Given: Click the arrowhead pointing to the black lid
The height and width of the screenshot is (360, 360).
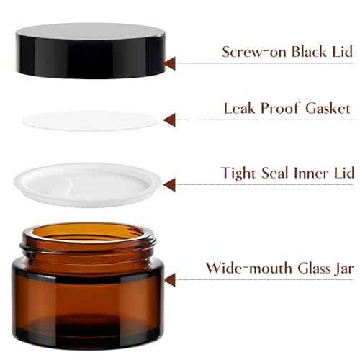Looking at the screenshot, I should [x=171, y=63].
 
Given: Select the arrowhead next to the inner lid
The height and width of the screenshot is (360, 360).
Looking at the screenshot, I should [x=170, y=185].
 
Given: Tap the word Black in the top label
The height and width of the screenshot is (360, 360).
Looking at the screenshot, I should [x=296, y=52].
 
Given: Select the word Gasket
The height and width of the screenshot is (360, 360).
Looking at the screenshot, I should [x=325, y=109].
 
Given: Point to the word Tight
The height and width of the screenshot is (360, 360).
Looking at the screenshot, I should [x=239, y=174].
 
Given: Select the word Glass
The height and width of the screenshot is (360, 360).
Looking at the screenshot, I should [x=307, y=268].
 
